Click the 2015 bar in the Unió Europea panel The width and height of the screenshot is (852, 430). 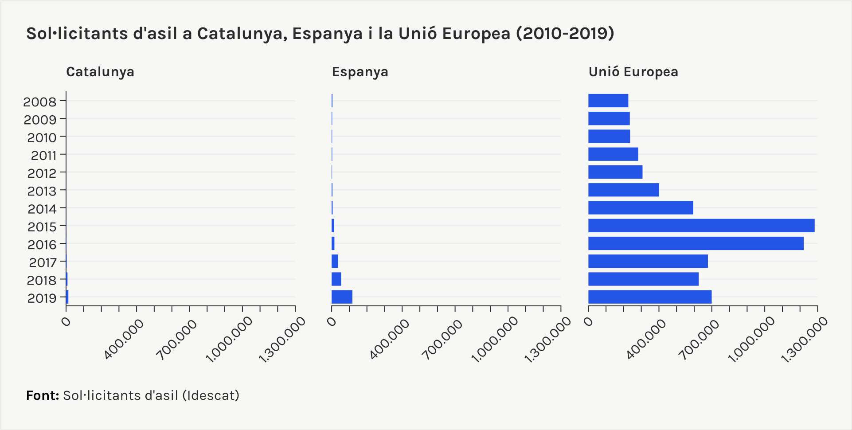(701, 226)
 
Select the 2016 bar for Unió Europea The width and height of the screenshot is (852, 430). (696, 243)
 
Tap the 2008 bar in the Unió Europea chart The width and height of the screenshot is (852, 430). (608, 101)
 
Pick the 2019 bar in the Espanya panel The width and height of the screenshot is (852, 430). (342, 297)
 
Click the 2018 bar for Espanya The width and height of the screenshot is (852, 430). (336, 279)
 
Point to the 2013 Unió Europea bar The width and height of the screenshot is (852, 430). (623, 190)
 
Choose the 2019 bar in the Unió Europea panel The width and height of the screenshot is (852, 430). (649, 297)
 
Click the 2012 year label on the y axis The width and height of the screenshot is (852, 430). (42, 173)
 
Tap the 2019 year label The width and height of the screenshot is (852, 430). (42, 298)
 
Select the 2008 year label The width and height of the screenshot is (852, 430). (40, 102)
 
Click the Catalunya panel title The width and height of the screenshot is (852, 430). (100, 72)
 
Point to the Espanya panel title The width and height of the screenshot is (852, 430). (360, 72)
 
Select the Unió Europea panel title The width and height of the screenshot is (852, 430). (633, 72)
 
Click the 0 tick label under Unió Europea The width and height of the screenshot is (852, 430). (589, 321)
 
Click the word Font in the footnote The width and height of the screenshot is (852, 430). (42, 395)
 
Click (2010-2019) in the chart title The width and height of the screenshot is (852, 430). (565, 33)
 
